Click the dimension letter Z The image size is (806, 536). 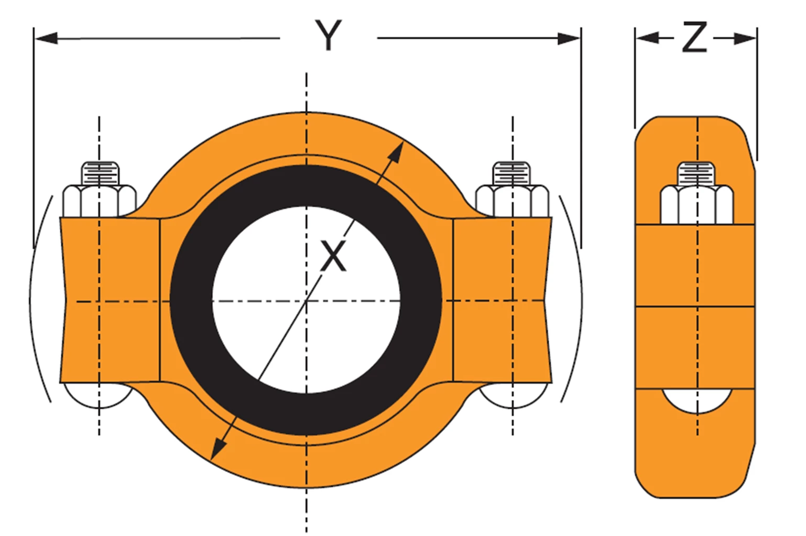click(695, 37)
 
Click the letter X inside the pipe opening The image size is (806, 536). click(333, 256)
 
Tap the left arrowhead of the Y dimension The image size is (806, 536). click(46, 38)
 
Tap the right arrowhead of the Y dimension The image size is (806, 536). click(569, 38)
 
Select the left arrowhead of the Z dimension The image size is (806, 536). click(647, 37)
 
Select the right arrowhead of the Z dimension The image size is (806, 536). click(745, 38)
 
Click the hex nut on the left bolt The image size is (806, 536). click(100, 201)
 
